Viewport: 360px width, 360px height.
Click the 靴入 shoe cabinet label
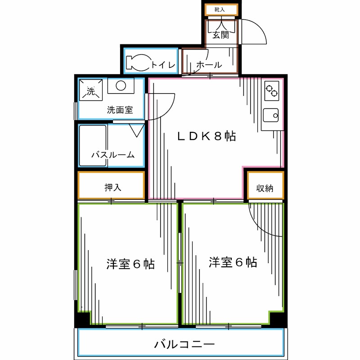(220, 9)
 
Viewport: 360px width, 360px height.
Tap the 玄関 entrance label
(220, 35)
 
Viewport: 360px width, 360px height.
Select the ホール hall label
(209, 65)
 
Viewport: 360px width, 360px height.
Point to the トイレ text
(163, 65)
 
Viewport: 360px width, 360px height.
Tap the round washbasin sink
(122, 85)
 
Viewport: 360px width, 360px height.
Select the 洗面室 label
(120, 109)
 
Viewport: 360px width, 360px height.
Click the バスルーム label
(113, 155)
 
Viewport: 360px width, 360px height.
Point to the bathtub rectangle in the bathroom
(93, 145)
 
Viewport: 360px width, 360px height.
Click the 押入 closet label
(113, 187)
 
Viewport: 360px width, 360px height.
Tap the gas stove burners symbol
(271, 91)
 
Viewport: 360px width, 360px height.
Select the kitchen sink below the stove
(271, 116)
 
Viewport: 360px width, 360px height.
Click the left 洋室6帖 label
(130, 264)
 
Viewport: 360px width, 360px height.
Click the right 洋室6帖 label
(233, 262)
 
